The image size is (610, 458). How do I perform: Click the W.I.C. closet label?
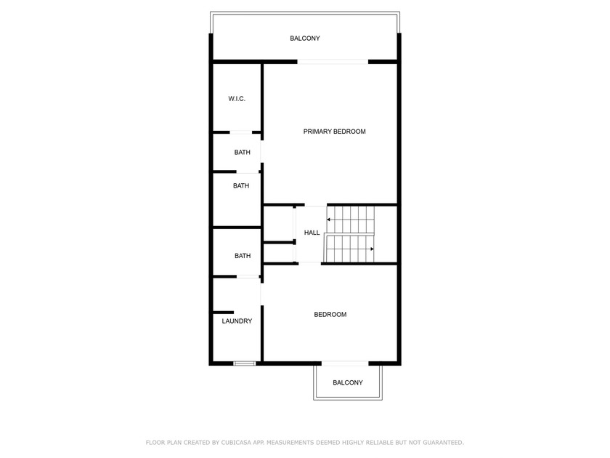(237, 99)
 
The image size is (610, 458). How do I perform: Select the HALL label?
(312, 233)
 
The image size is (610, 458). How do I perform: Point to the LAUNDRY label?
(237, 321)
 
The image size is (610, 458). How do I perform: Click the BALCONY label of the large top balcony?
(305, 38)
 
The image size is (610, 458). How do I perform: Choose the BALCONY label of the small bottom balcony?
(348, 382)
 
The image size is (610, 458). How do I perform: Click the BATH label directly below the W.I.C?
(242, 152)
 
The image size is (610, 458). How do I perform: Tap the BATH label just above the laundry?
(243, 256)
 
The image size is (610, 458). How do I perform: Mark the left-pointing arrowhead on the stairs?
(329, 220)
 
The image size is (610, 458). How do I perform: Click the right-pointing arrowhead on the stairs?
(373, 249)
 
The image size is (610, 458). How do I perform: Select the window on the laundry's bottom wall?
(245, 363)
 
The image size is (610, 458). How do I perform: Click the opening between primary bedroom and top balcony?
(333, 62)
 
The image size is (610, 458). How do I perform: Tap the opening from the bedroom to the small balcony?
(345, 363)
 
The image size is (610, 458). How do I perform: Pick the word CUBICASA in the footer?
(236, 443)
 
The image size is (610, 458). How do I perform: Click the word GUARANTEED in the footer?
(444, 443)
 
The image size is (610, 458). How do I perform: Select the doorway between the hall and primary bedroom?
(315, 204)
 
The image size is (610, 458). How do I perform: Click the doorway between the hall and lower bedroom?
(309, 264)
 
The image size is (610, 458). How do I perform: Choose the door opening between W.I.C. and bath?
(241, 132)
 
